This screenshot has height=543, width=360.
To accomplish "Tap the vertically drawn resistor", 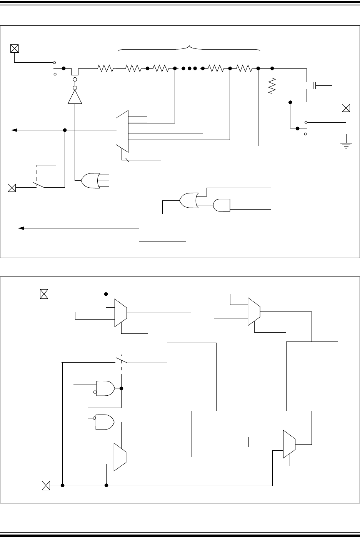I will click(272, 86).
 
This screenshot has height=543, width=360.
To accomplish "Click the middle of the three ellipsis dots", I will click(189, 68).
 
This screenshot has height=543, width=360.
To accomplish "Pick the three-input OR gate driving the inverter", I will click(90, 180).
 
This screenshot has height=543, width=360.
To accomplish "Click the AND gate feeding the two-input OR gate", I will click(221, 205).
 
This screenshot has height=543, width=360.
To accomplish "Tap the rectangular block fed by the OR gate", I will click(162, 228).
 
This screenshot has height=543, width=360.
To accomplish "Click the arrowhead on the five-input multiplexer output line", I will click(14, 130).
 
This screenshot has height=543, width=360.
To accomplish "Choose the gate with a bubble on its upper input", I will click(105, 422).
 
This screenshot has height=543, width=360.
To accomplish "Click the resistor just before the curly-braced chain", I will click(106, 68).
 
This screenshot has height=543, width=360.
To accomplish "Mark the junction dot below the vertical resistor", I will click(290, 102).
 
